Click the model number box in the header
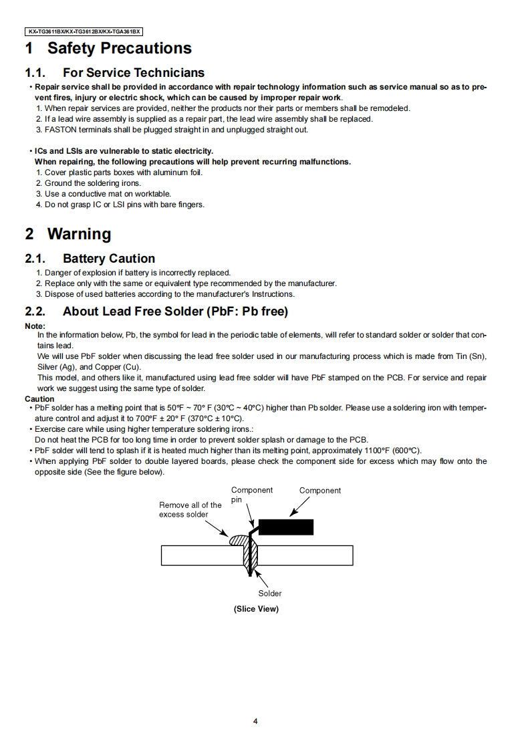(85, 31)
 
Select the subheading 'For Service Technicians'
(133, 73)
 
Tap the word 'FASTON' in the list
(60, 130)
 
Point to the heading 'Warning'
(79, 235)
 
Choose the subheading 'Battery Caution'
(108, 259)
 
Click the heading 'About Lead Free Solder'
(174, 311)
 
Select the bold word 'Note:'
(35, 326)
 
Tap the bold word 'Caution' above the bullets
(39, 399)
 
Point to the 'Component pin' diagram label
(251, 495)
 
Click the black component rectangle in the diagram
(285, 527)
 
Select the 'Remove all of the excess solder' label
(190, 510)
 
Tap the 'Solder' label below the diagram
(270, 594)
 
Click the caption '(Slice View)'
(256, 609)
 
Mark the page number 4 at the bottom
(256, 721)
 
